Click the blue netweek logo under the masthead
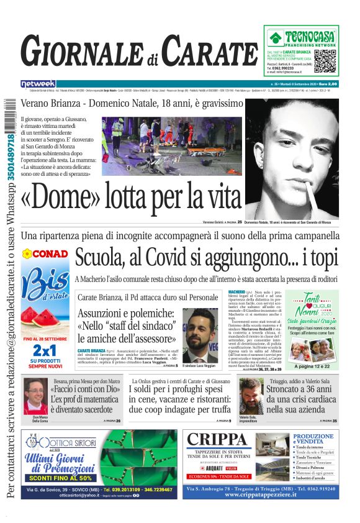click(38, 84)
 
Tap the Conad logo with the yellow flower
click(45, 254)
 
